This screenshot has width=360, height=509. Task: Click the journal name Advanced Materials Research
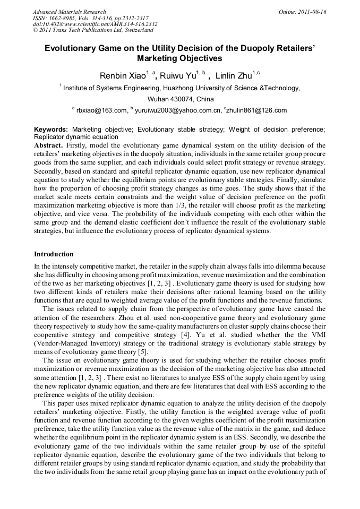tap(69, 12)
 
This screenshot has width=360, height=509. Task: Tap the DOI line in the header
tap(95, 24)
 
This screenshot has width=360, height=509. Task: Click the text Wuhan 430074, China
tap(180, 99)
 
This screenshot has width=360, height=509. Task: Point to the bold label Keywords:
tap(51, 129)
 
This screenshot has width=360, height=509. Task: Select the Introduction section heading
tap(54, 254)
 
